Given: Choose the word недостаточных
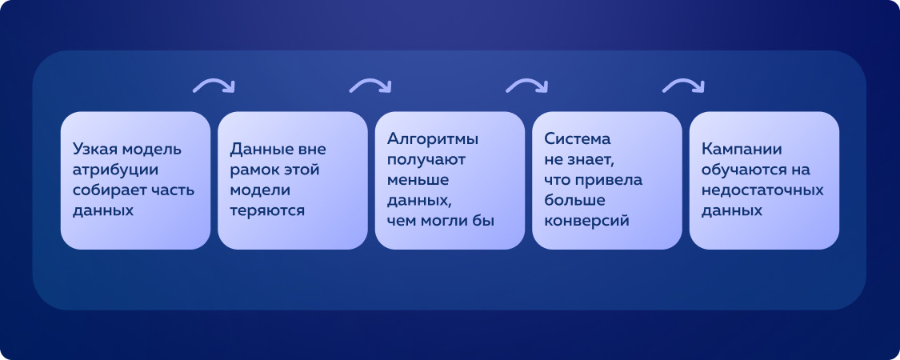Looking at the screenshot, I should (762, 190).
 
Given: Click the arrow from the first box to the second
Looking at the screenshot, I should (214, 86).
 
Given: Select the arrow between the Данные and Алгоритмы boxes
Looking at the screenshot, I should (370, 86).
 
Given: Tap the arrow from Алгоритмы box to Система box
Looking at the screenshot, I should (527, 86).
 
